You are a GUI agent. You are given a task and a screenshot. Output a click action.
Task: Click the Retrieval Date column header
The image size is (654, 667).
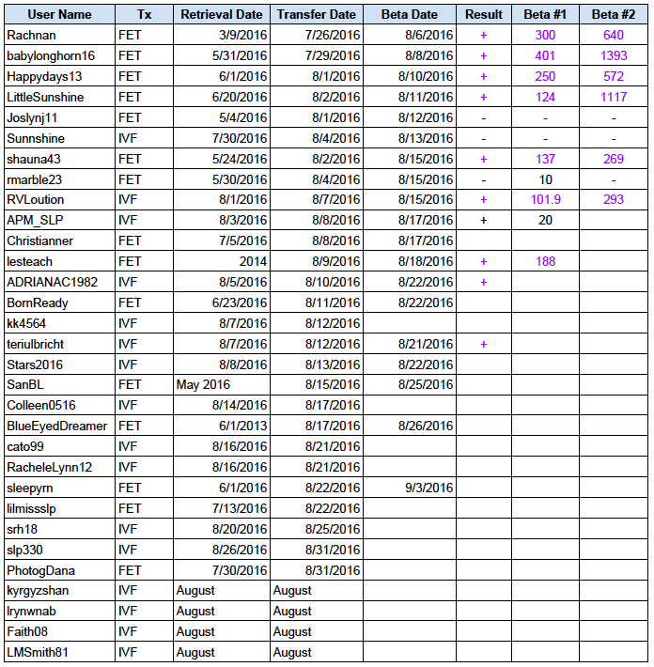[222, 14]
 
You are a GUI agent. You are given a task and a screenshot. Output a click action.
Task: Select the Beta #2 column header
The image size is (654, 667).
[614, 14]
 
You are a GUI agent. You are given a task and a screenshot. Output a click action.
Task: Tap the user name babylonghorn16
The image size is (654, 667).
[51, 55]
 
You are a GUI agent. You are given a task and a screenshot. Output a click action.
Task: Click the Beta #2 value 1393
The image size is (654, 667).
[614, 55]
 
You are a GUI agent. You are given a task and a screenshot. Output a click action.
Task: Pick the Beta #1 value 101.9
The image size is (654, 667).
[546, 200]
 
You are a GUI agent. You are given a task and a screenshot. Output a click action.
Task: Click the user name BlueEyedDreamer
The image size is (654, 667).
[56, 426]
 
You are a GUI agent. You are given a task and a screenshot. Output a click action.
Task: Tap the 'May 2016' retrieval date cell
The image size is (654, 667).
[202, 384]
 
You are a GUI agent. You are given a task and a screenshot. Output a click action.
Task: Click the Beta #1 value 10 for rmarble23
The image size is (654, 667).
[546, 179]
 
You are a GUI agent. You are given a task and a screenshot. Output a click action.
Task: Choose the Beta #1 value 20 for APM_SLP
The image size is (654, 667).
[546, 220]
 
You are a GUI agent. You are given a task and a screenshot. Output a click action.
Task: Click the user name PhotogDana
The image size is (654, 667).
[40, 570]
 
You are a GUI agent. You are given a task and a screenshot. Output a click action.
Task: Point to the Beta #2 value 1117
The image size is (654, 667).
[614, 97]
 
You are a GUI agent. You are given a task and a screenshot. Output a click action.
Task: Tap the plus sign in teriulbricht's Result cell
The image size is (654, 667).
[483, 344]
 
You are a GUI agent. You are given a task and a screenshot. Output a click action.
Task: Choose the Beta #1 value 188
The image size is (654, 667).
[546, 261]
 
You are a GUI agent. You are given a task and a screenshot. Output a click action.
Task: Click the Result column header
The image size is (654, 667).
[483, 14]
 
